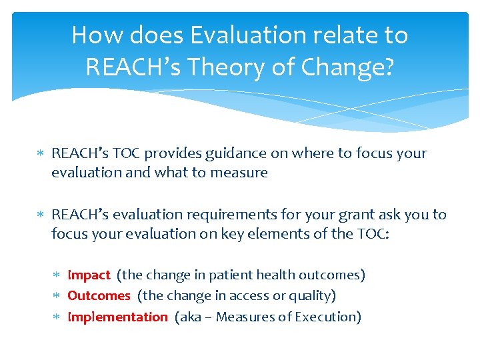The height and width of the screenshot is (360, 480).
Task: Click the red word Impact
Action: pyautogui.click(x=89, y=275)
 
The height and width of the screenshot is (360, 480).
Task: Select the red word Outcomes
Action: pyautogui.click(x=99, y=295)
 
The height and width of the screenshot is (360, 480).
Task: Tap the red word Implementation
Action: pyautogui.click(x=117, y=317)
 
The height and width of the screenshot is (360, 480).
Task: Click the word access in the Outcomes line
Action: pyautogui.click(x=235, y=295)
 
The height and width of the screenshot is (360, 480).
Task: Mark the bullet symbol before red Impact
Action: pyautogui.click(x=59, y=275)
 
